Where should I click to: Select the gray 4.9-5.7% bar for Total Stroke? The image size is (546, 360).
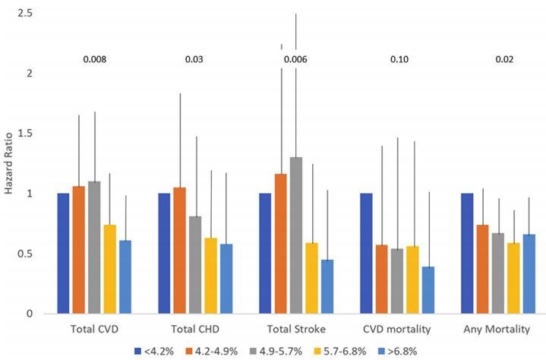pos(296,235)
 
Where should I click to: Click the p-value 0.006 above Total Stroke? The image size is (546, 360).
pos(295,59)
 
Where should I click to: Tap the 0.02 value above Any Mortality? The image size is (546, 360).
pos(496,59)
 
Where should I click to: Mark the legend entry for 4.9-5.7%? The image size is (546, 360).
pos(260,351)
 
